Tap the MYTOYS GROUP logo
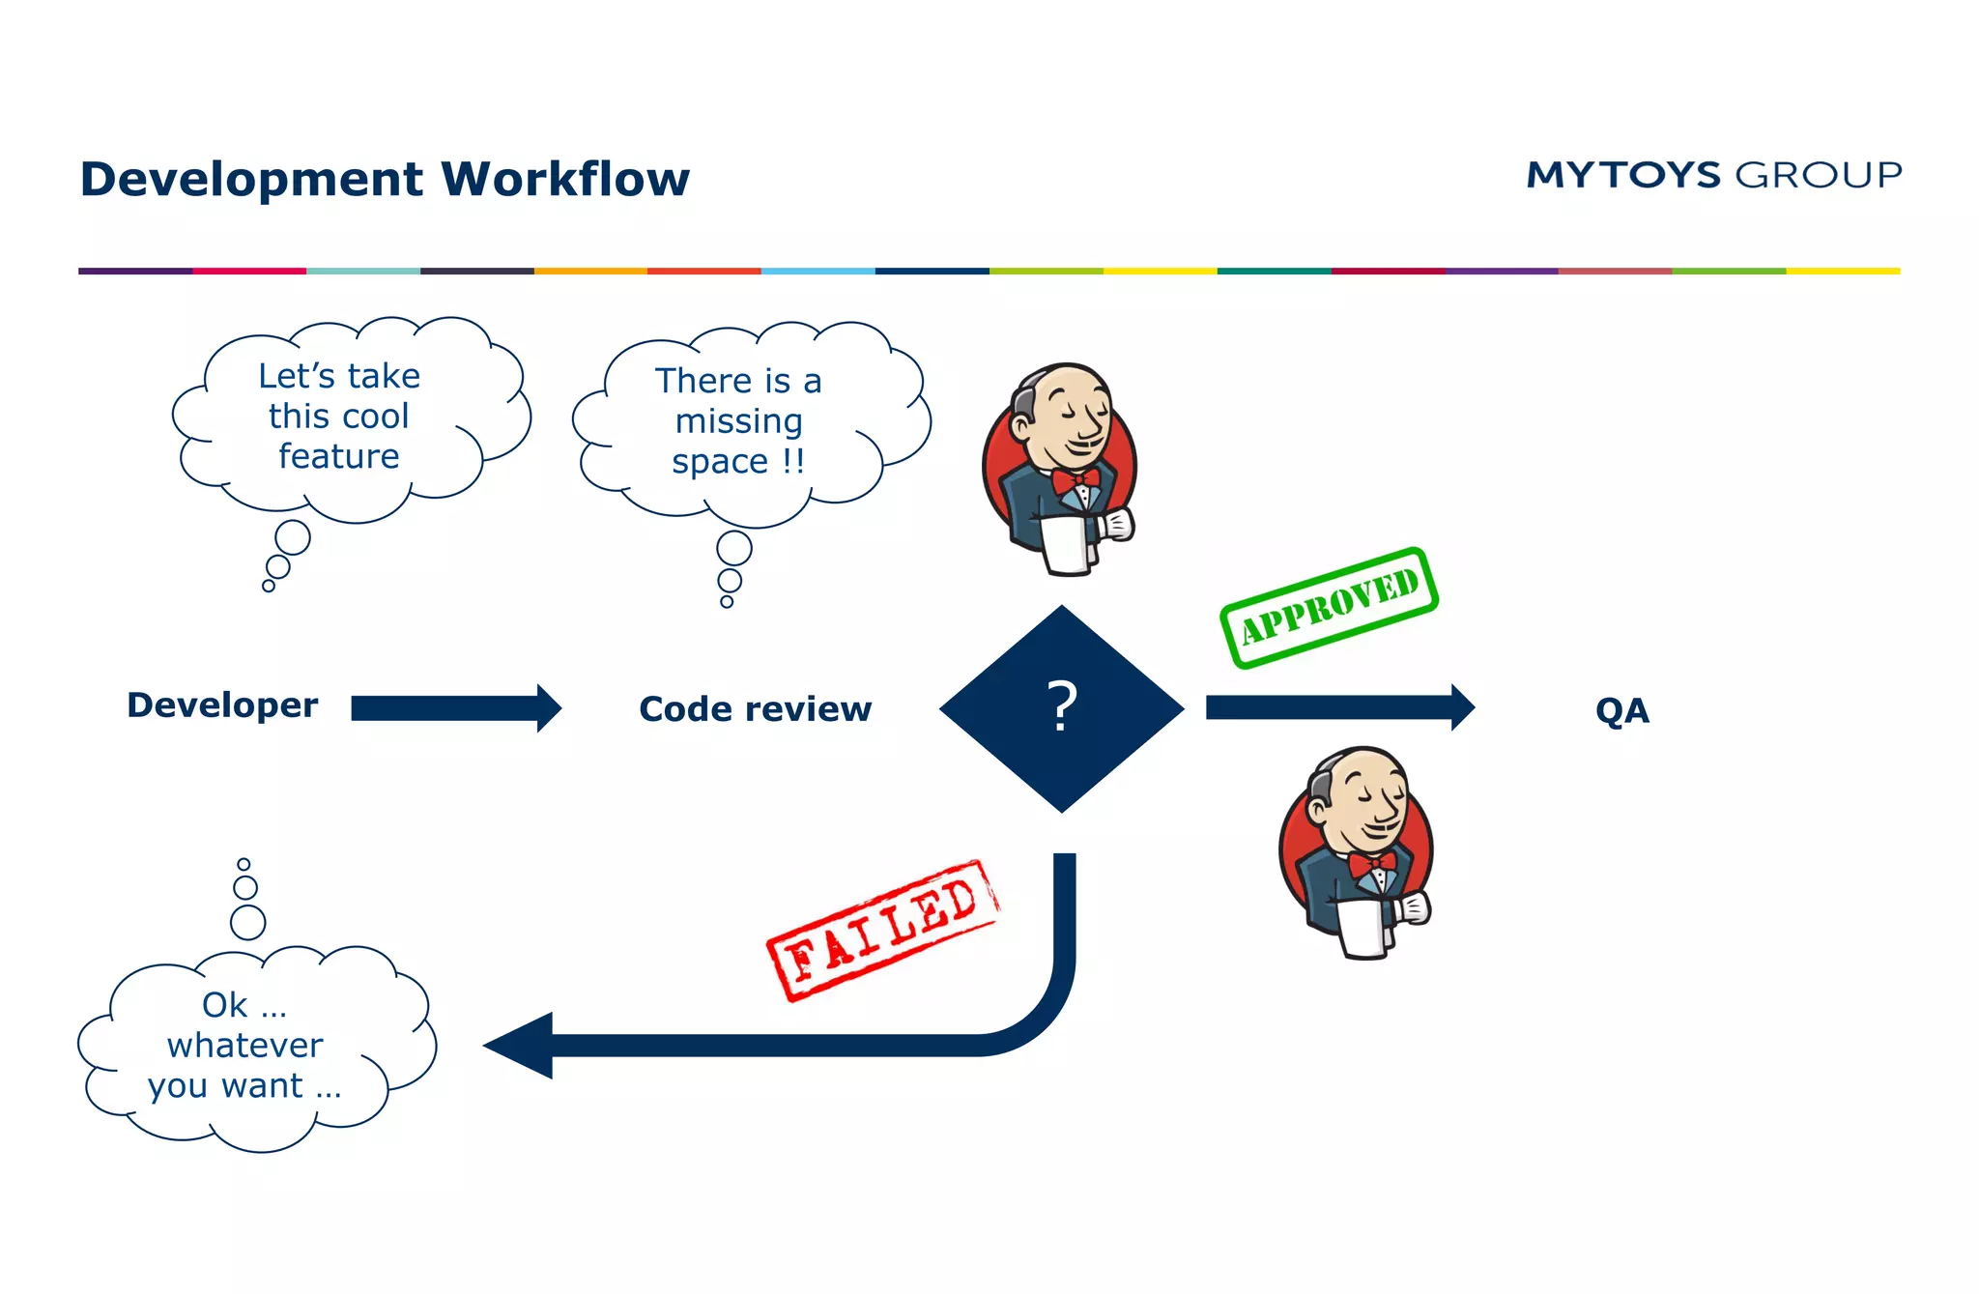tap(1713, 175)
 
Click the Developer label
tap(222, 705)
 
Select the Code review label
tap(755, 709)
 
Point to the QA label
tap(1621, 711)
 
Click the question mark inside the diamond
tap(1062, 706)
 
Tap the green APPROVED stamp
tap(1330, 608)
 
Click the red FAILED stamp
tap(882, 930)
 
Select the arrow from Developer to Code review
tap(454, 708)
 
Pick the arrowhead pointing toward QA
tap(1462, 707)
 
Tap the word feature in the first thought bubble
tap(338, 456)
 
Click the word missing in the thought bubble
tap(738, 421)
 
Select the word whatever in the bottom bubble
tap(244, 1046)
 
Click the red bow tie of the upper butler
tap(1075, 479)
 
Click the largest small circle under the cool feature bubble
tap(292, 537)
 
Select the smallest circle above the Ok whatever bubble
tap(244, 864)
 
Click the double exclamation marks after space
tap(793, 461)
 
